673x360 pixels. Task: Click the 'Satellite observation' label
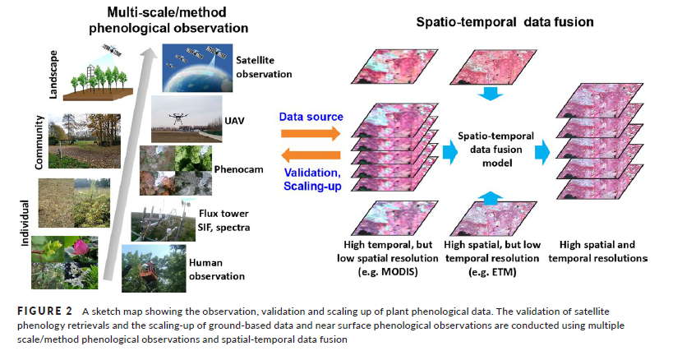point(264,67)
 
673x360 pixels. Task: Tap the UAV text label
point(234,121)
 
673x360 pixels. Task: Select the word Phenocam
point(238,169)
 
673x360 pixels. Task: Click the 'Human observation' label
point(217,270)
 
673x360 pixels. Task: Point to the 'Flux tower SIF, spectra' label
point(224,220)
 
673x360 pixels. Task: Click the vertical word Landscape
point(53,75)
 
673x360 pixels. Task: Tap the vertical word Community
point(39,142)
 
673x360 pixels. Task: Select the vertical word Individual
point(25,223)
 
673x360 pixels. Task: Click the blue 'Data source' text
point(311,117)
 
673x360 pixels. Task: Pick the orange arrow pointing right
point(311,133)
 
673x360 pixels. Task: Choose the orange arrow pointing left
point(311,155)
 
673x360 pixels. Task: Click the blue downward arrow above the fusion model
point(491,94)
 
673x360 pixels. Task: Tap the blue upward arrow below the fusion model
point(491,198)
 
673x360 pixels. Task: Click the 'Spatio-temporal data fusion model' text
point(496,150)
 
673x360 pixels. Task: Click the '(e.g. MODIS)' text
point(388,272)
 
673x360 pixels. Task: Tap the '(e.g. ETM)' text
point(492,272)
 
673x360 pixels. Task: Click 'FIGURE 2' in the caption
point(45,311)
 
